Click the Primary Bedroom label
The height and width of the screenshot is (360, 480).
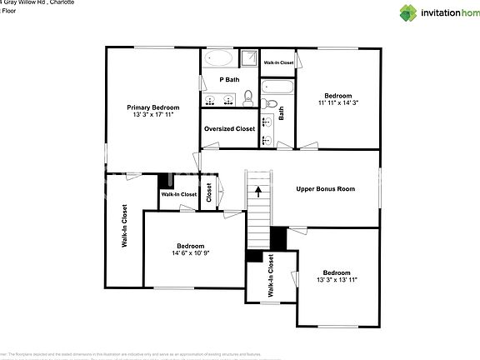point(152,107)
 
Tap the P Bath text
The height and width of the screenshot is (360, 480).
point(230,80)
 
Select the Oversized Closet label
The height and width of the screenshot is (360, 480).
point(229,129)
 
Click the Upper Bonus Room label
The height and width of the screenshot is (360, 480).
point(325,189)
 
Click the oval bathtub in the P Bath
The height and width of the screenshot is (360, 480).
point(220,59)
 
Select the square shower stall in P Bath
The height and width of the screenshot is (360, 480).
point(248,57)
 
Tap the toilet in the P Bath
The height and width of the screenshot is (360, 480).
point(249,99)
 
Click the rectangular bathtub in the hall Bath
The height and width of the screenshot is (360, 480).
point(277,87)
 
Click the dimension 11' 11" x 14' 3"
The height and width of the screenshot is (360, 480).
point(337,104)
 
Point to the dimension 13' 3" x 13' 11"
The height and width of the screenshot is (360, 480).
point(336,281)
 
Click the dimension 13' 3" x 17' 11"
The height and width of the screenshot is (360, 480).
point(152,116)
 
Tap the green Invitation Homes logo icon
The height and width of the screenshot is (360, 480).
point(408,12)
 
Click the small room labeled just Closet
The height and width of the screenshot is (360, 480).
point(209,192)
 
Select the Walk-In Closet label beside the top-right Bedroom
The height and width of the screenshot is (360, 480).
point(278,62)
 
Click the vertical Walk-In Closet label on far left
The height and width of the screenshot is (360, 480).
point(124,227)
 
